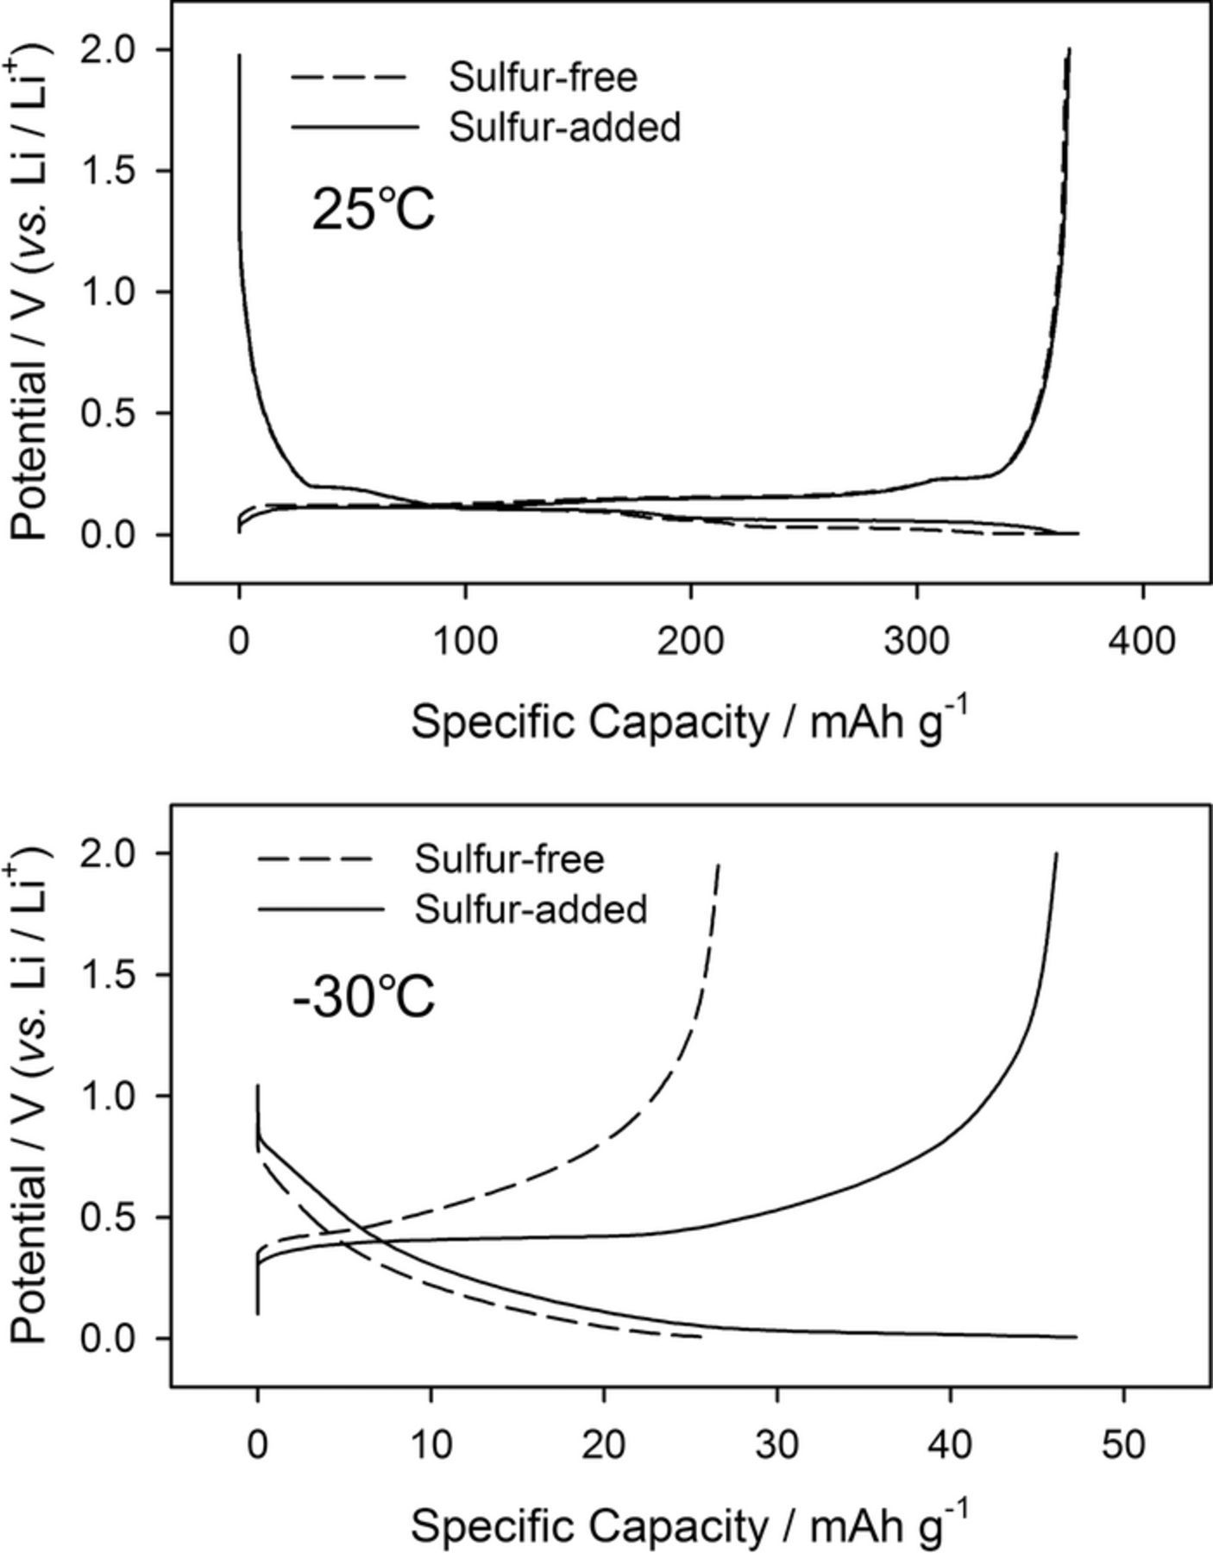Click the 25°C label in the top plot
click(373, 210)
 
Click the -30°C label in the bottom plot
click(363, 998)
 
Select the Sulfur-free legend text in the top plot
click(543, 78)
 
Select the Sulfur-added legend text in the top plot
click(564, 127)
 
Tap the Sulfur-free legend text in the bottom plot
click(509, 859)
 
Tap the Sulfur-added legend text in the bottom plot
click(531, 909)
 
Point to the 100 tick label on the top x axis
click(465, 641)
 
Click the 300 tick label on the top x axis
click(916, 641)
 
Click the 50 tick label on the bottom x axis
click(1123, 1444)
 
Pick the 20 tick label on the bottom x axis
click(603, 1444)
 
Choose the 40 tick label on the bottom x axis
click(950, 1444)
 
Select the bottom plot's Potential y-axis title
click(31, 1096)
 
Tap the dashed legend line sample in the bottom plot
click(315, 859)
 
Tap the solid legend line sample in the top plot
click(354, 127)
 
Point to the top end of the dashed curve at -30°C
click(719, 865)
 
